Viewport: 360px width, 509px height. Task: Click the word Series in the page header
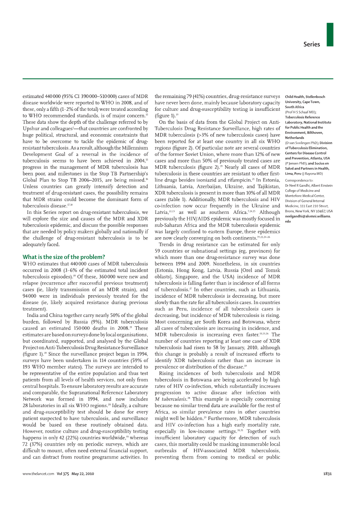coord(311,44)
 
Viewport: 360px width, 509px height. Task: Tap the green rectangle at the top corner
coord(330,35)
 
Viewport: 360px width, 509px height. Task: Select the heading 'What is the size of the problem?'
coord(63,257)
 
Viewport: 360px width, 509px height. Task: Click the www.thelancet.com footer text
coord(38,474)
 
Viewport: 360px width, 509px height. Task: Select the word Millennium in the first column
coord(135,148)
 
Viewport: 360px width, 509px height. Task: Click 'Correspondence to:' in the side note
coord(299,180)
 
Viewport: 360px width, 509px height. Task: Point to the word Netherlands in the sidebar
coord(295,138)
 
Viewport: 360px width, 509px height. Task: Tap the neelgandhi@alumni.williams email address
coord(307,216)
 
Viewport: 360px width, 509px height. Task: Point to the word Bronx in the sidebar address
coord(290,211)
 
